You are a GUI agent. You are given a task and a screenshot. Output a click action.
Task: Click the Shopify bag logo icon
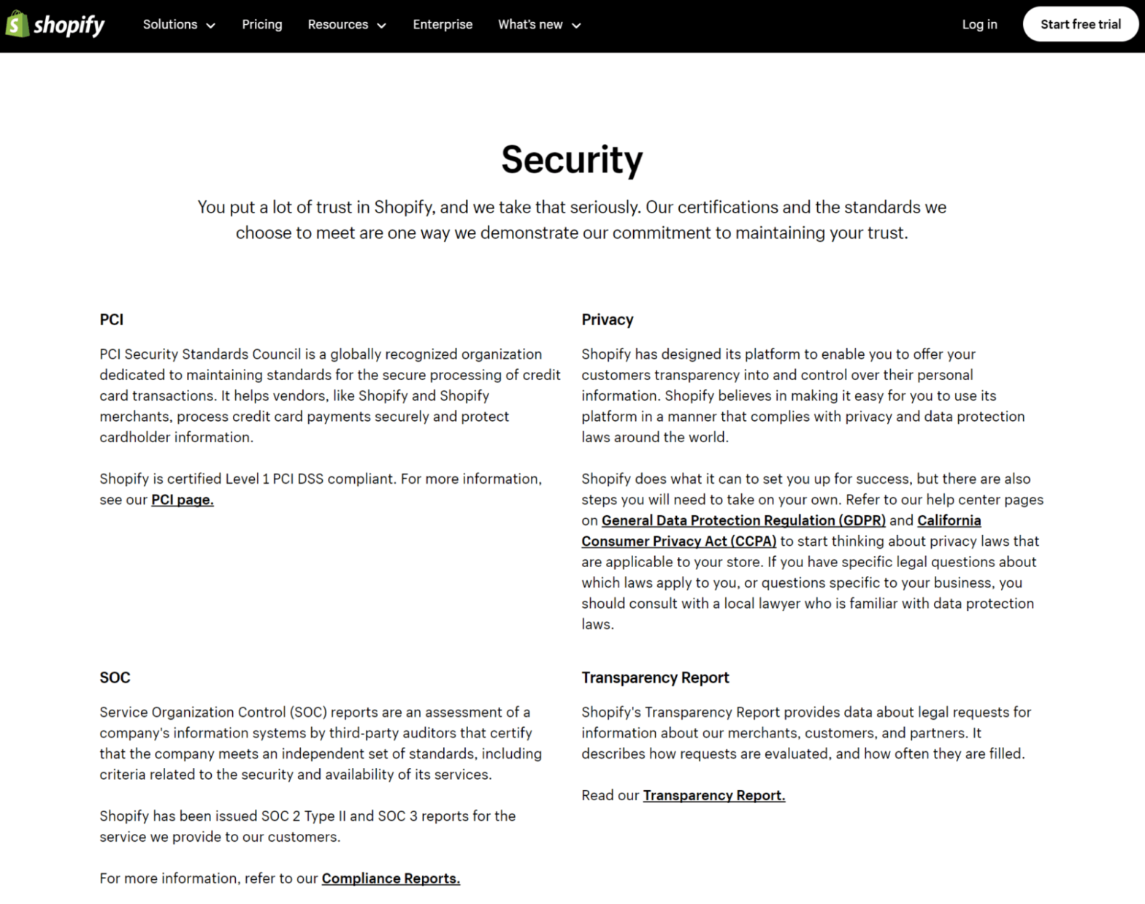click(17, 24)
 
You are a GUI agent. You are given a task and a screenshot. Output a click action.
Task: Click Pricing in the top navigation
click(262, 25)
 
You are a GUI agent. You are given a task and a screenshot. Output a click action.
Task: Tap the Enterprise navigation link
click(443, 25)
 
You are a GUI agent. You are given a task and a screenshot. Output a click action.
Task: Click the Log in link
click(979, 25)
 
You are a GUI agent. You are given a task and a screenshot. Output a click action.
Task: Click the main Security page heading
click(572, 159)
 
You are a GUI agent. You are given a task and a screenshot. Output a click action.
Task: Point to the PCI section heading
click(112, 319)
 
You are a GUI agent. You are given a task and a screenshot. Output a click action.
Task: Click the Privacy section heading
click(608, 319)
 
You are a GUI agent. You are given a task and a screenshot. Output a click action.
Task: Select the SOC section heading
click(115, 677)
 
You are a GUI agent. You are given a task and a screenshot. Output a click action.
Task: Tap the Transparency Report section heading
click(655, 677)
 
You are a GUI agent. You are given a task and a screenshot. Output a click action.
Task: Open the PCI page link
click(183, 500)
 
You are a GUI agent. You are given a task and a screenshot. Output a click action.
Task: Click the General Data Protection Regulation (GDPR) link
click(743, 520)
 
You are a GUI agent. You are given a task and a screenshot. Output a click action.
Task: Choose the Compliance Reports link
click(391, 878)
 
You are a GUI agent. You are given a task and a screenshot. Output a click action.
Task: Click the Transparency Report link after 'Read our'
click(714, 795)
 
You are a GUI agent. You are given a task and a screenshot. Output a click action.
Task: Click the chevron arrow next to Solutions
click(211, 26)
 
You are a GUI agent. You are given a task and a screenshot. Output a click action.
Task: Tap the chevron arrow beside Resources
click(381, 26)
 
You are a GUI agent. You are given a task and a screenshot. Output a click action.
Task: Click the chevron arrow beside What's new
click(576, 26)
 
